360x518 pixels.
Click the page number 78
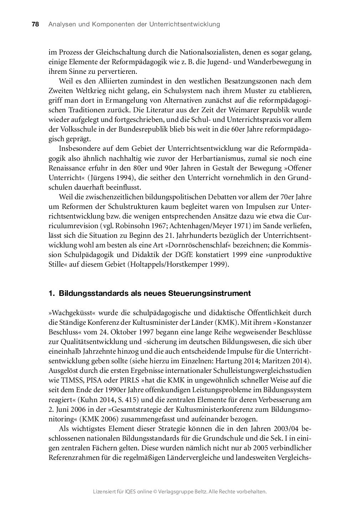click(35, 24)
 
